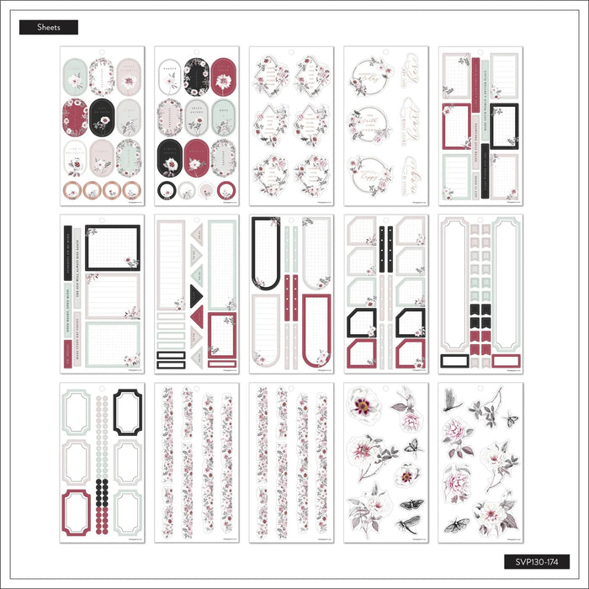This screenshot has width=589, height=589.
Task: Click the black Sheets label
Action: (x=48, y=27)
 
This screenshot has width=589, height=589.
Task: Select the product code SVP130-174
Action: (x=538, y=561)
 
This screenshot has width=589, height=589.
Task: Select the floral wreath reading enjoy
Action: (x=371, y=168)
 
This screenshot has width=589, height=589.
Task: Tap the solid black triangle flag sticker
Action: (x=196, y=293)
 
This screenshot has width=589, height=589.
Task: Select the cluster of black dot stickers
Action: (x=102, y=492)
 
